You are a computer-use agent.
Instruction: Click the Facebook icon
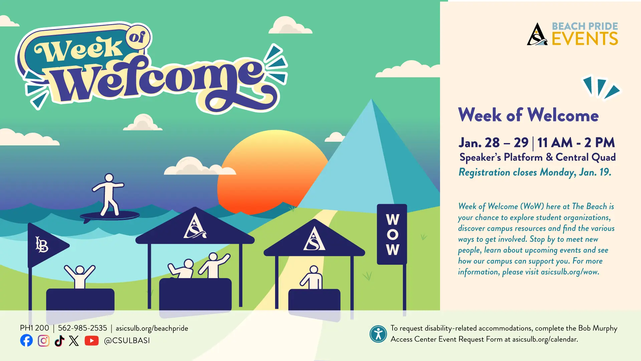tap(26, 340)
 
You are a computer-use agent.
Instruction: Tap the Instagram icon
tap(43, 341)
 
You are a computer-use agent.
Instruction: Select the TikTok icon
tap(59, 341)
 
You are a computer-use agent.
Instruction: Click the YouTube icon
tap(91, 341)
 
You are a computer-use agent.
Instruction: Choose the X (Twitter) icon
tap(74, 341)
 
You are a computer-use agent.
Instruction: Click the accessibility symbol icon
tap(378, 334)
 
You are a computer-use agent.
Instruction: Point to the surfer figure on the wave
tap(109, 196)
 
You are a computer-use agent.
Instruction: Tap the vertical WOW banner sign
tap(392, 234)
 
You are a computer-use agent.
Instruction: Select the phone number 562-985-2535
tap(82, 328)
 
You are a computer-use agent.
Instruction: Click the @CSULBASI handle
tap(127, 341)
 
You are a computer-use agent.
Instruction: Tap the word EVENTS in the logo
tap(585, 39)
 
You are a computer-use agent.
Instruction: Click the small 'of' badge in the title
tap(138, 37)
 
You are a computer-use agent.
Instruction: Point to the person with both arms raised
tap(80, 276)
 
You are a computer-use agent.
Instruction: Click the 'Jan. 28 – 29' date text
tap(493, 143)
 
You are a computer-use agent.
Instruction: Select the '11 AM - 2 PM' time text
tap(576, 143)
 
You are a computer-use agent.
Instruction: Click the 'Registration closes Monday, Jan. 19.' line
tap(535, 172)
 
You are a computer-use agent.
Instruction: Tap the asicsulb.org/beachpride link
tap(152, 328)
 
